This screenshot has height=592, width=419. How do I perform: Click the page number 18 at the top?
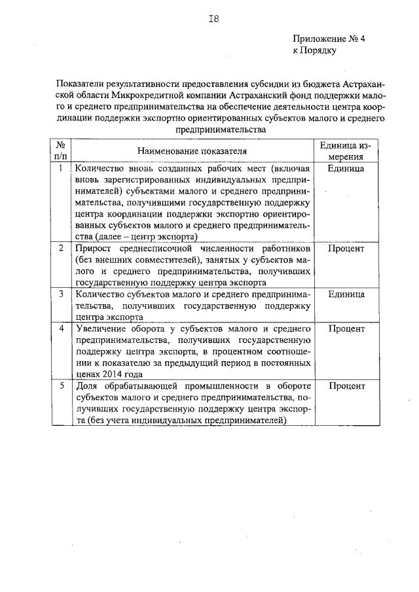(213, 19)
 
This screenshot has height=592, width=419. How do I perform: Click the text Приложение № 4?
(328, 39)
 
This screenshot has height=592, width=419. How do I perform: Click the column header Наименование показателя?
(193, 151)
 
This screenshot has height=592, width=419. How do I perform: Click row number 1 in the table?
(60, 168)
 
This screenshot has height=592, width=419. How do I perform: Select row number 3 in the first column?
(60, 294)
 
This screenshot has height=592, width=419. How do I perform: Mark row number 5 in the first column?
(60, 386)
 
